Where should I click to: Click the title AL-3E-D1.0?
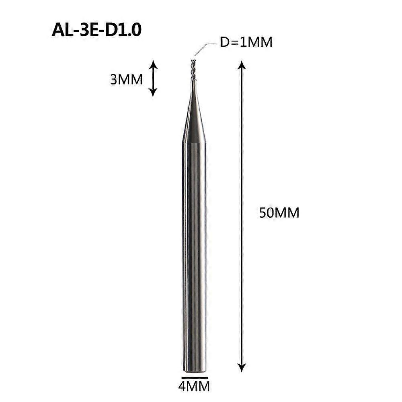point(96,30)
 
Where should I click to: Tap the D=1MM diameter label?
point(246,42)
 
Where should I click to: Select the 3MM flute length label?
point(126,80)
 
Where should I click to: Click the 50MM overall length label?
point(279,212)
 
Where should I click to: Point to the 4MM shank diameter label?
point(194,387)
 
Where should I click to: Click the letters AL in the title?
point(62,30)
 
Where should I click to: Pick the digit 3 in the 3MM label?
point(114,80)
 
